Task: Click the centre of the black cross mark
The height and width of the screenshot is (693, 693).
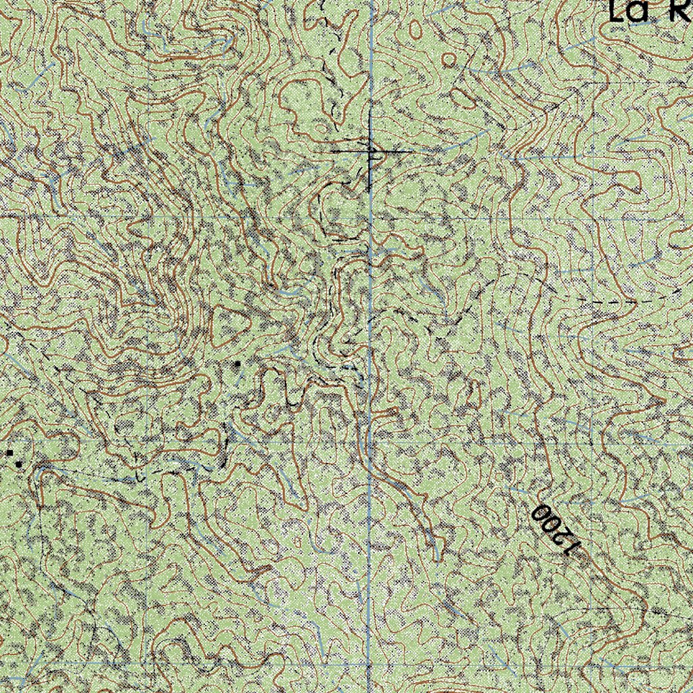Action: (371, 152)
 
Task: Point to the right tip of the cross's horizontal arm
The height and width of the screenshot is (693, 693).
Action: (410, 152)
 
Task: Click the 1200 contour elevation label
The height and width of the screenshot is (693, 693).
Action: (556, 530)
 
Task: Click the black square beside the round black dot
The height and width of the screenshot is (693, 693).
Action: (10, 452)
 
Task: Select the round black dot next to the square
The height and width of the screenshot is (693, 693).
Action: (18, 464)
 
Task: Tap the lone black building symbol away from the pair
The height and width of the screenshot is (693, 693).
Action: (237, 364)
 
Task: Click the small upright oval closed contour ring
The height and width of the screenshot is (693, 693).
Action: (414, 28)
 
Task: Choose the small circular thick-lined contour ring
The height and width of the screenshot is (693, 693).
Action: (448, 60)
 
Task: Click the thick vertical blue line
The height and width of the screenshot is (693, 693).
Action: (370, 338)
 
